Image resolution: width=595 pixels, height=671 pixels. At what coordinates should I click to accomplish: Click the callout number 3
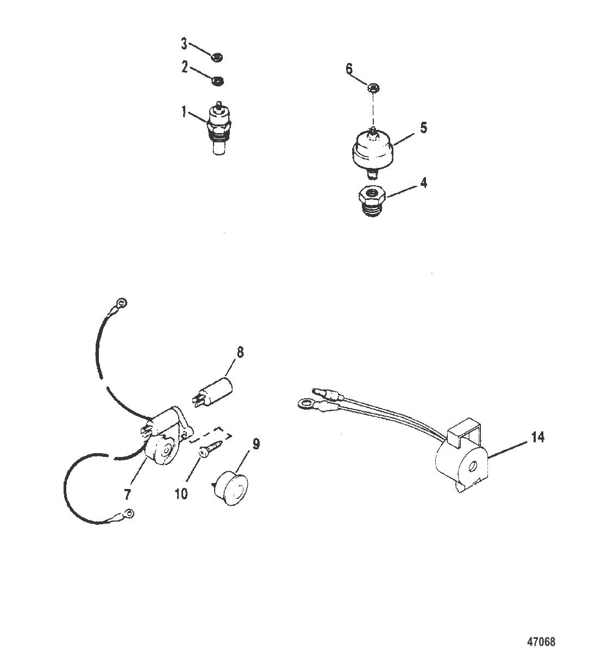184,43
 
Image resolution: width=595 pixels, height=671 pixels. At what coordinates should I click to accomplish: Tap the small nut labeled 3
217,57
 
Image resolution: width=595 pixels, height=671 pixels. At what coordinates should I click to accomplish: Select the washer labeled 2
218,80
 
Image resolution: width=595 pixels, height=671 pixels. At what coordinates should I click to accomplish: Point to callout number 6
349,68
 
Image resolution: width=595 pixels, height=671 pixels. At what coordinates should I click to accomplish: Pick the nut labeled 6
374,88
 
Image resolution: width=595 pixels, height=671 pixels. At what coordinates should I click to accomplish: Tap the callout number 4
423,183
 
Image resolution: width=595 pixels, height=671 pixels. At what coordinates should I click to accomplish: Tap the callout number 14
538,437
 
